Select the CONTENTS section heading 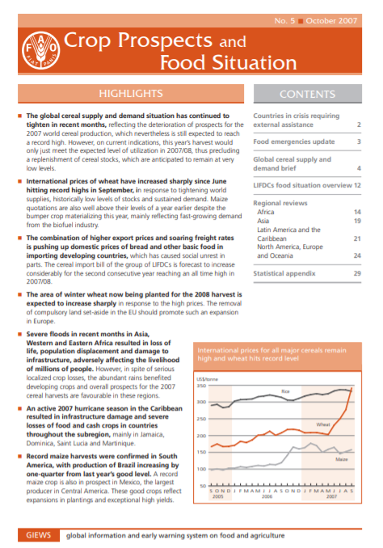(x=307, y=95)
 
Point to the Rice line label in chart (x=285, y=392)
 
